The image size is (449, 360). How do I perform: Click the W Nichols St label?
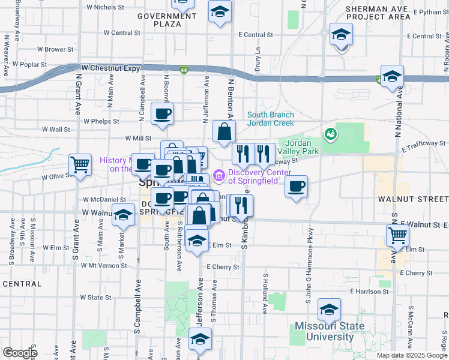[105, 8]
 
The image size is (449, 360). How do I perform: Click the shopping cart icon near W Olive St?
[80, 164]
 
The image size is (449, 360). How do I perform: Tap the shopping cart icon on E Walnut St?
[397, 235]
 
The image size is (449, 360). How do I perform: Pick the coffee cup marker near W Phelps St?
[162, 114]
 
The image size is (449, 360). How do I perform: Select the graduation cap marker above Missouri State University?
[329, 310]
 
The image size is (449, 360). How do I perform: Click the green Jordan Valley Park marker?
[330, 133]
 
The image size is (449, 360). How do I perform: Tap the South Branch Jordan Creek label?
[271, 119]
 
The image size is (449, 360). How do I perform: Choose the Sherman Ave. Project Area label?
[379, 14]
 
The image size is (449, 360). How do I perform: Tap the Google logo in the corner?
[20, 353]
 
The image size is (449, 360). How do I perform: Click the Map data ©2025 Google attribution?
[411, 355]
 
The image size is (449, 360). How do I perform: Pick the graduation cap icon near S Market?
[124, 216]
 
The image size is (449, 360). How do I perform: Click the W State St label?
[96, 297]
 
